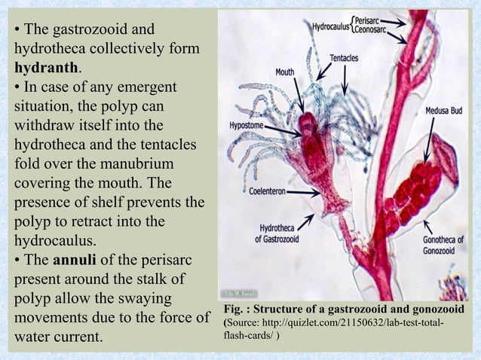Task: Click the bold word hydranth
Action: [x=46, y=69]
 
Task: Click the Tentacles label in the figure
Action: [x=344, y=59]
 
